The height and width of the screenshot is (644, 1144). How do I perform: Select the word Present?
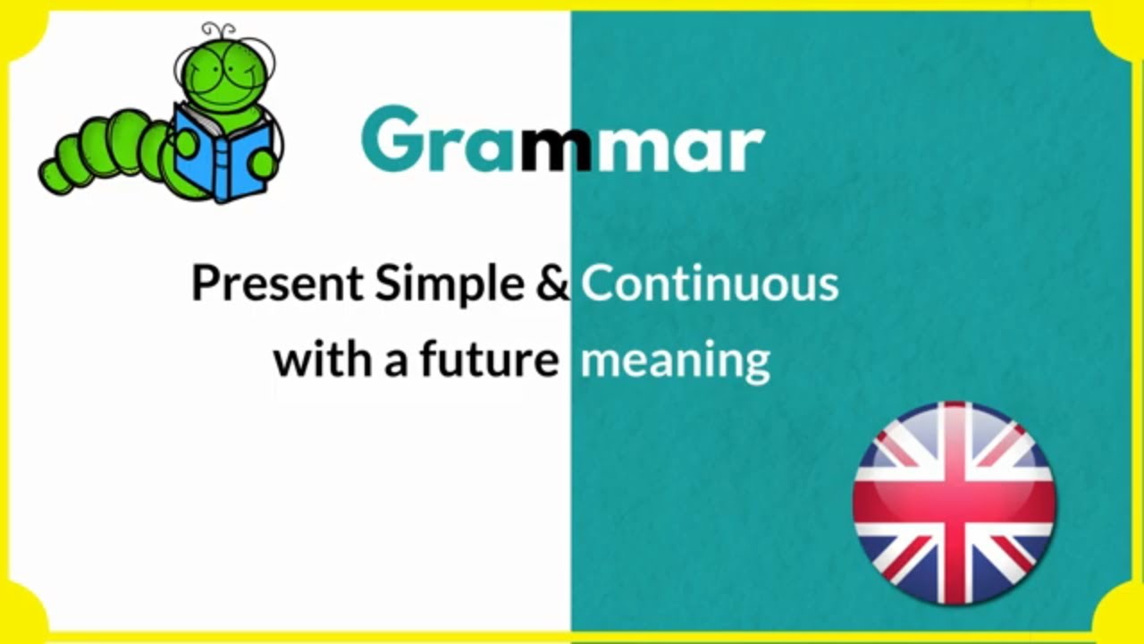click(x=277, y=284)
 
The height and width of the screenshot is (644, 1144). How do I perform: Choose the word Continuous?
click(x=710, y=284)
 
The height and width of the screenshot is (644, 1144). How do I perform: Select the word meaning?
click(x=675, y=361)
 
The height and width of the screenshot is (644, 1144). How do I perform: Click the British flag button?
click(x=954, y=504)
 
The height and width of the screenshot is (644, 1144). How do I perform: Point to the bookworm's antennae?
click(x=220, y=32)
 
